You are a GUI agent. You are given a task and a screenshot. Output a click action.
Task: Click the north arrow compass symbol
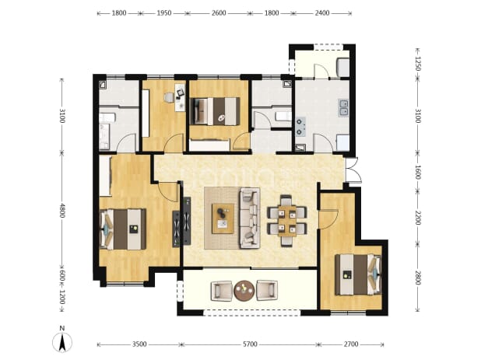pos(62,341)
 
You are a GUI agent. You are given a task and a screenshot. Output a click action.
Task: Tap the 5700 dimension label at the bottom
pos(250,344)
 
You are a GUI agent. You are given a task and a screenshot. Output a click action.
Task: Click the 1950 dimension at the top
pos(164,13)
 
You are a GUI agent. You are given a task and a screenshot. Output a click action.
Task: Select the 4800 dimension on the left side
pos(62,211)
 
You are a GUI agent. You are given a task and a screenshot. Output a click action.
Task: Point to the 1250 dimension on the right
pos(417,64)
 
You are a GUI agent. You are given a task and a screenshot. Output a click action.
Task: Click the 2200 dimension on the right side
pos(417,218)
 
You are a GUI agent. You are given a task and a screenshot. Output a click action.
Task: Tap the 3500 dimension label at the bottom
pos(139,344)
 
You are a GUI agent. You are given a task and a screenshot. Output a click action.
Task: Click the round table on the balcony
pos(244,291)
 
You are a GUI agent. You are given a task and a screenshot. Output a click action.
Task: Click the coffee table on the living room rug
pos(223,218)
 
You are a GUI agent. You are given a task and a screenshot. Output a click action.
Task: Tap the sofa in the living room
pos(249,218)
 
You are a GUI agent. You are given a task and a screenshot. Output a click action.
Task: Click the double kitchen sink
pos(343,108)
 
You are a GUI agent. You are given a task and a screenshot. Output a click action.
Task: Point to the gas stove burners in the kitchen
pos(300,127)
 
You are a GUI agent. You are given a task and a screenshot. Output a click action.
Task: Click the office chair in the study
pos(169,97)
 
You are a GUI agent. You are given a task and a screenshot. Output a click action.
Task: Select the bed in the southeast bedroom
pos(359,274)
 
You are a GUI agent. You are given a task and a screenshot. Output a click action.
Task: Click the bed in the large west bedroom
pos(123,229)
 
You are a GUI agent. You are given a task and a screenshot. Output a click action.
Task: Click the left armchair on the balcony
pos(222,291)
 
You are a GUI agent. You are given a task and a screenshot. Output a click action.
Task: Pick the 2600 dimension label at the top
pos(219,13)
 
